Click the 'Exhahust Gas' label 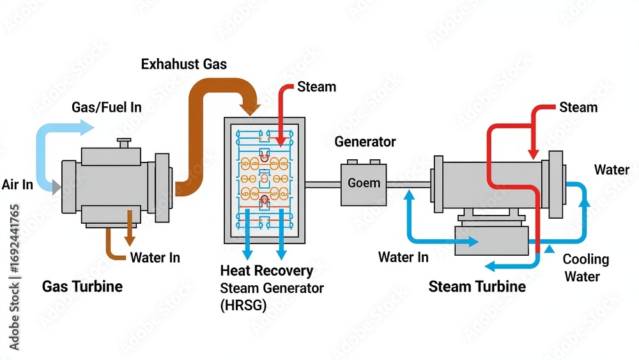(183, 64)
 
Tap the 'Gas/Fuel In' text (106, 107)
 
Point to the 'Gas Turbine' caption (82, 286)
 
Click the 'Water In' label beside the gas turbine (155, 258)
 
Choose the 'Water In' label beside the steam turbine (403, 257)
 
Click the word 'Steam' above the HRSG (317, 87)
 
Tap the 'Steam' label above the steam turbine (578, 107)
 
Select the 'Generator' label (365, 142)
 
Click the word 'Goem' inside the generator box (364, 184)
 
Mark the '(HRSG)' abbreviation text (243, 305)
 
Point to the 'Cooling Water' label (585, 268)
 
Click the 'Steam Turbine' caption (477, 286)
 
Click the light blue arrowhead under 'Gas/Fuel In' (87, 129)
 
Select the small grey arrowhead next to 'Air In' (57, 186)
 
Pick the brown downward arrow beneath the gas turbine (130, 240)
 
